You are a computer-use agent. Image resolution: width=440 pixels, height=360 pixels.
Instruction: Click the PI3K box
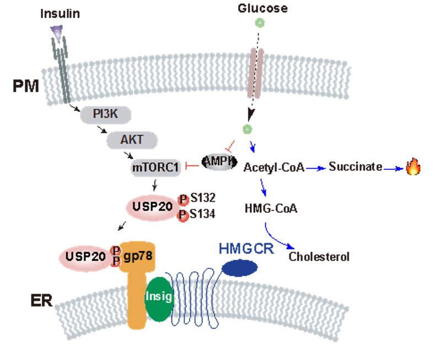coord(105,115)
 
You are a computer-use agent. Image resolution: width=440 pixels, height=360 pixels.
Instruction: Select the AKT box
coord(132,139)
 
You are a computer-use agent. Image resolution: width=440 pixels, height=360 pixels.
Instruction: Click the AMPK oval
coord(218,162)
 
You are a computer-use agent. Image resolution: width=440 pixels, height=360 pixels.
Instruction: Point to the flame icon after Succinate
coord(412,167)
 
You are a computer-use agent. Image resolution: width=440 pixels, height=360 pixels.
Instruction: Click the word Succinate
coord(356,166)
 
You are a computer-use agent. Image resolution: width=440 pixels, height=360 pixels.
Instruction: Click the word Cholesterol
coord(319,257)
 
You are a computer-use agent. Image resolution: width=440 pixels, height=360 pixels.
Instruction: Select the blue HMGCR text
coord(246,249)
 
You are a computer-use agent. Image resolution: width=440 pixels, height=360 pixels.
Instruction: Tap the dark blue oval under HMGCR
coord(240,268)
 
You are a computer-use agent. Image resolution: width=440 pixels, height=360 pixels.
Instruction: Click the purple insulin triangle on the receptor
coord(57,34)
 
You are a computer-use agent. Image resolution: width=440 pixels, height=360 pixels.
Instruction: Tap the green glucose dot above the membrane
coord(258,23)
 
